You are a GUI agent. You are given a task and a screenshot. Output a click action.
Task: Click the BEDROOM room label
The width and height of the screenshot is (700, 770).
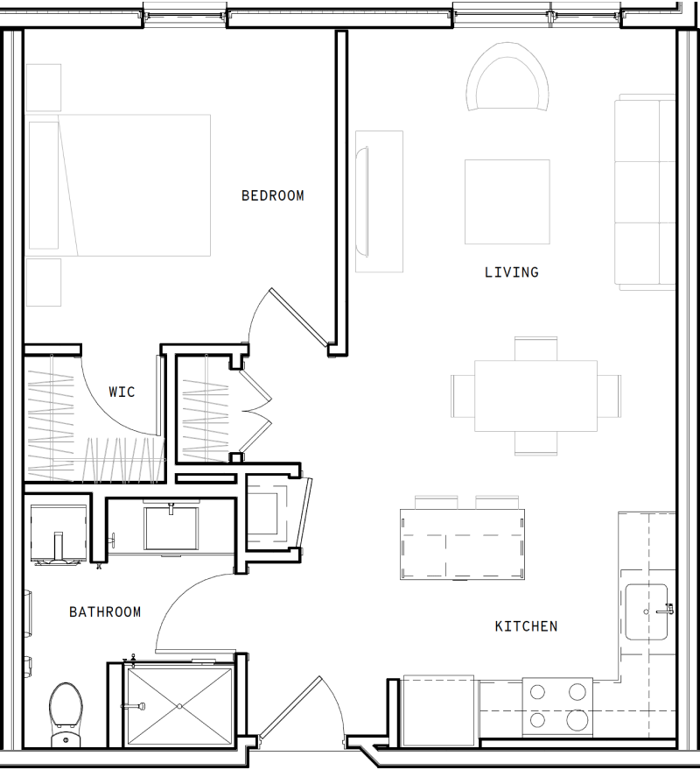pos(272,196)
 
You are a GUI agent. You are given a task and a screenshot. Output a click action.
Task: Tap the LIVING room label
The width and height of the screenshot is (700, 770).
pos(511,272)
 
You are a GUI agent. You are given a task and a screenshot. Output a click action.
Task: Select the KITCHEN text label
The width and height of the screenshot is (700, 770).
pos(526,626)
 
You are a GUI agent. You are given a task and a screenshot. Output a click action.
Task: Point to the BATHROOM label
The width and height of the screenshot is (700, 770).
pos(105,612)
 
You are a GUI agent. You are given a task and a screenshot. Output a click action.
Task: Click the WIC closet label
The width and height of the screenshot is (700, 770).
pos(122,392)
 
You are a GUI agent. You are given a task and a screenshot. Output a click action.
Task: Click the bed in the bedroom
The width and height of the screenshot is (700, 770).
pos(119,185)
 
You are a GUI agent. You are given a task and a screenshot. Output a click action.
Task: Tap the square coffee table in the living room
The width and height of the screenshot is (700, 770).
pos(507,201)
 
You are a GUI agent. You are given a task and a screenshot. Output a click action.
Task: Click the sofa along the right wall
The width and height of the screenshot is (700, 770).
pos(645,193)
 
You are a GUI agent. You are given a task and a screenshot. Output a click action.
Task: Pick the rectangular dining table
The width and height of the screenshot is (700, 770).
pos(535,395)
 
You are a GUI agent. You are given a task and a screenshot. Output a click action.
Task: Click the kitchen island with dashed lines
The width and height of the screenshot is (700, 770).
pos(463,545)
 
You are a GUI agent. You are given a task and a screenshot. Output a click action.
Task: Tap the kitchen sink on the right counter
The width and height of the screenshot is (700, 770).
pos(647,611)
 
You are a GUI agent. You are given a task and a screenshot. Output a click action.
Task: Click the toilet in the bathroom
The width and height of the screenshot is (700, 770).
pos(65,710)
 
